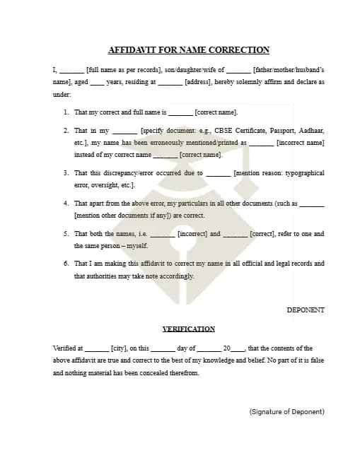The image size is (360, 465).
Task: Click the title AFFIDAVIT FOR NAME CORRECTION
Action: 188,50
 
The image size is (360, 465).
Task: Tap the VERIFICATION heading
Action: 188,329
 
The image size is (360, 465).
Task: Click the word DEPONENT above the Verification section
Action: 306,310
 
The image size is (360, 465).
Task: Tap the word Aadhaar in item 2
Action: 310,131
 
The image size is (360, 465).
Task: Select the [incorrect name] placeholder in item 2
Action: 300,143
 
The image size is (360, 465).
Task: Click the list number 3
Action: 66,172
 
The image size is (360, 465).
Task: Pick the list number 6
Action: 66,264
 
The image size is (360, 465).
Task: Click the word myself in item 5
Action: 137,245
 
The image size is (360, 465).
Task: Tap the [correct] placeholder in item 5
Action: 262,233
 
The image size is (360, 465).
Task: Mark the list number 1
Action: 66,112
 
